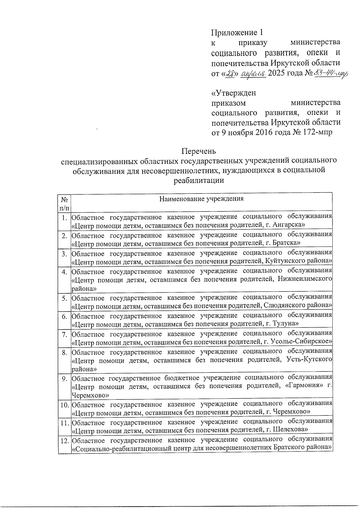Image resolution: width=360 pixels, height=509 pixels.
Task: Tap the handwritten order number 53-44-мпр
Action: pyautogui.click(x=330, y=73)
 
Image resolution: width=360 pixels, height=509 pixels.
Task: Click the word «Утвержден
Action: pyautogui.click(x=234, y=93)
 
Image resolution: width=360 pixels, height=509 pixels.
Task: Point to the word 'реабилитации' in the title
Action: pyautogui.click(x=199, y=180)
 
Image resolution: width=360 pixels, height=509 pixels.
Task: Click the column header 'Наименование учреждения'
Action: pyautogui.click(x=201, y=199)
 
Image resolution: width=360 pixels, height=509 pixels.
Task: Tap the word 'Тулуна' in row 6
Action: pyautogui.click(x=285, y=324)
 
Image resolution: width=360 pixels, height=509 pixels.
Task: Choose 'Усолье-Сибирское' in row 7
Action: pyautogui.click(x=302, y=342)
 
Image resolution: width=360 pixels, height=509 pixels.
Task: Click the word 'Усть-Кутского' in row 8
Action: pyautogui.click(x=309, y=359)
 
